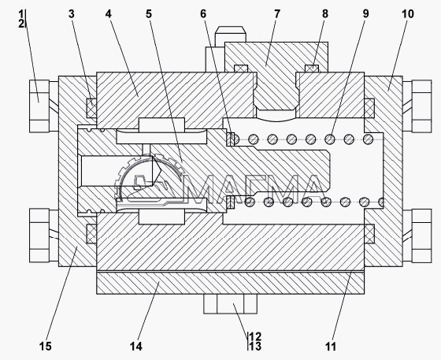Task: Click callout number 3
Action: pos(72,13)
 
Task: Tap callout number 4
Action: pos(109,13)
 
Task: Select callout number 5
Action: pos(149,13)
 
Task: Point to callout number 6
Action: pos(203,13)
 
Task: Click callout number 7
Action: pos(277,13)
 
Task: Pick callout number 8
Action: pos(325,13)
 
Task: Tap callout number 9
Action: pos(365,13)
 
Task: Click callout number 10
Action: pos(408,13)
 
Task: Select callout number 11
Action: pos(331,347)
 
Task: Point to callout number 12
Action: pos(255,336)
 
